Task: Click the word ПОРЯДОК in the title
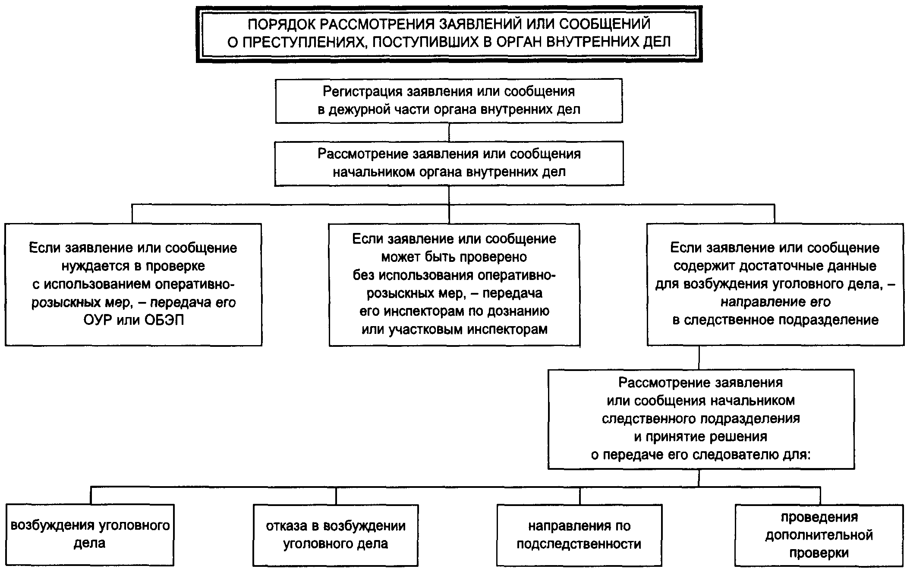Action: [281, 24]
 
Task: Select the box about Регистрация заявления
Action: [449, 101]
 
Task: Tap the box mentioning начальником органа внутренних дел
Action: [449, 163]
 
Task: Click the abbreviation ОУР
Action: [98, 321]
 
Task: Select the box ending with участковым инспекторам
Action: [454, 284]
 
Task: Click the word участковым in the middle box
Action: [424, 330]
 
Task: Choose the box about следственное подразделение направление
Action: [775, 284]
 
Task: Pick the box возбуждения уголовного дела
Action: [90, 534]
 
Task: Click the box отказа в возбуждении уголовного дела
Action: [335, 534]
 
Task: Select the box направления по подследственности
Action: [579, 534]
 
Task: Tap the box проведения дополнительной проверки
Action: [819, 534]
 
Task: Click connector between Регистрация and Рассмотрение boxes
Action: [449, 132]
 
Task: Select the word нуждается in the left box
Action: [92, 266]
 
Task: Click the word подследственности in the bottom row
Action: [579, 544]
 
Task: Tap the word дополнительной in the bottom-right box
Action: [819, 535]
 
